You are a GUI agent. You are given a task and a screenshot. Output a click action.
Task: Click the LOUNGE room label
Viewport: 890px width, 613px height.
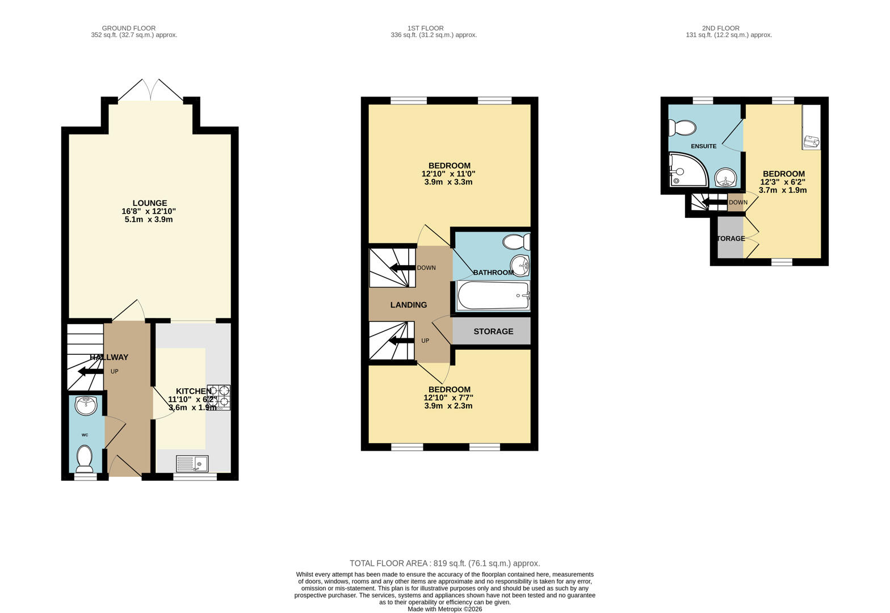150,203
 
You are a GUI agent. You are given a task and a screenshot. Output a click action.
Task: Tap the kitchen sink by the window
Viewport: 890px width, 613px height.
192,464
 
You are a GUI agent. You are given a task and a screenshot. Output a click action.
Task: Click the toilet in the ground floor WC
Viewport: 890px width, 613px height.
85,459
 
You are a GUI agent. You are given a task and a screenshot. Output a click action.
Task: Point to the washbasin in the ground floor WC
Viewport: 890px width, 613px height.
86,405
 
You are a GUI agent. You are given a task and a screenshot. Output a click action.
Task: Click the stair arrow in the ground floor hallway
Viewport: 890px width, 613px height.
90,371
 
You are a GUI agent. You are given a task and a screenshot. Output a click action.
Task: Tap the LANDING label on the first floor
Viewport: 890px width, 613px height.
408,305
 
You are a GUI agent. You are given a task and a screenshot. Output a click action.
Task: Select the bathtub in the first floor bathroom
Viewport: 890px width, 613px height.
493,296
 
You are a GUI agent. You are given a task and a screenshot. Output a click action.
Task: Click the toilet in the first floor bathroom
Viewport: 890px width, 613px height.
516,242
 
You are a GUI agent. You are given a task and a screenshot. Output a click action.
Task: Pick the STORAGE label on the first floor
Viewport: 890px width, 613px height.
493,331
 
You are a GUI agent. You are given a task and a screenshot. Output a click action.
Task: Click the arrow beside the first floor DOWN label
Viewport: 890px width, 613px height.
401,268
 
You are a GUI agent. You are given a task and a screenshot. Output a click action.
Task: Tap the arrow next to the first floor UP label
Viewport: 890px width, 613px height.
401,341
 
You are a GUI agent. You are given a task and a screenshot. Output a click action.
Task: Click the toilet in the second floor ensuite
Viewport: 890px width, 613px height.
682,128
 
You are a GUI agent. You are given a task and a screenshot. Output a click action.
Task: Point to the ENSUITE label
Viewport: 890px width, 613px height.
703,146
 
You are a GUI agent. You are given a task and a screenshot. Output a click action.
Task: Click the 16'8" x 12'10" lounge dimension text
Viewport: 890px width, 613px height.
149,211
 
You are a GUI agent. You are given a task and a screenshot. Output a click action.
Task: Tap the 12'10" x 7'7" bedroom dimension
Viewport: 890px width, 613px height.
448,398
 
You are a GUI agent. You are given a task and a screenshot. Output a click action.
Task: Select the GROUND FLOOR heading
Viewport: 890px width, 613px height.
128,28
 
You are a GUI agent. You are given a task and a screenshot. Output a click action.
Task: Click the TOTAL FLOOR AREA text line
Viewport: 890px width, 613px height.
444,564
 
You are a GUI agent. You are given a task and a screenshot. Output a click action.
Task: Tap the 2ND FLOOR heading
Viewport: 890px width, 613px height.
720,28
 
